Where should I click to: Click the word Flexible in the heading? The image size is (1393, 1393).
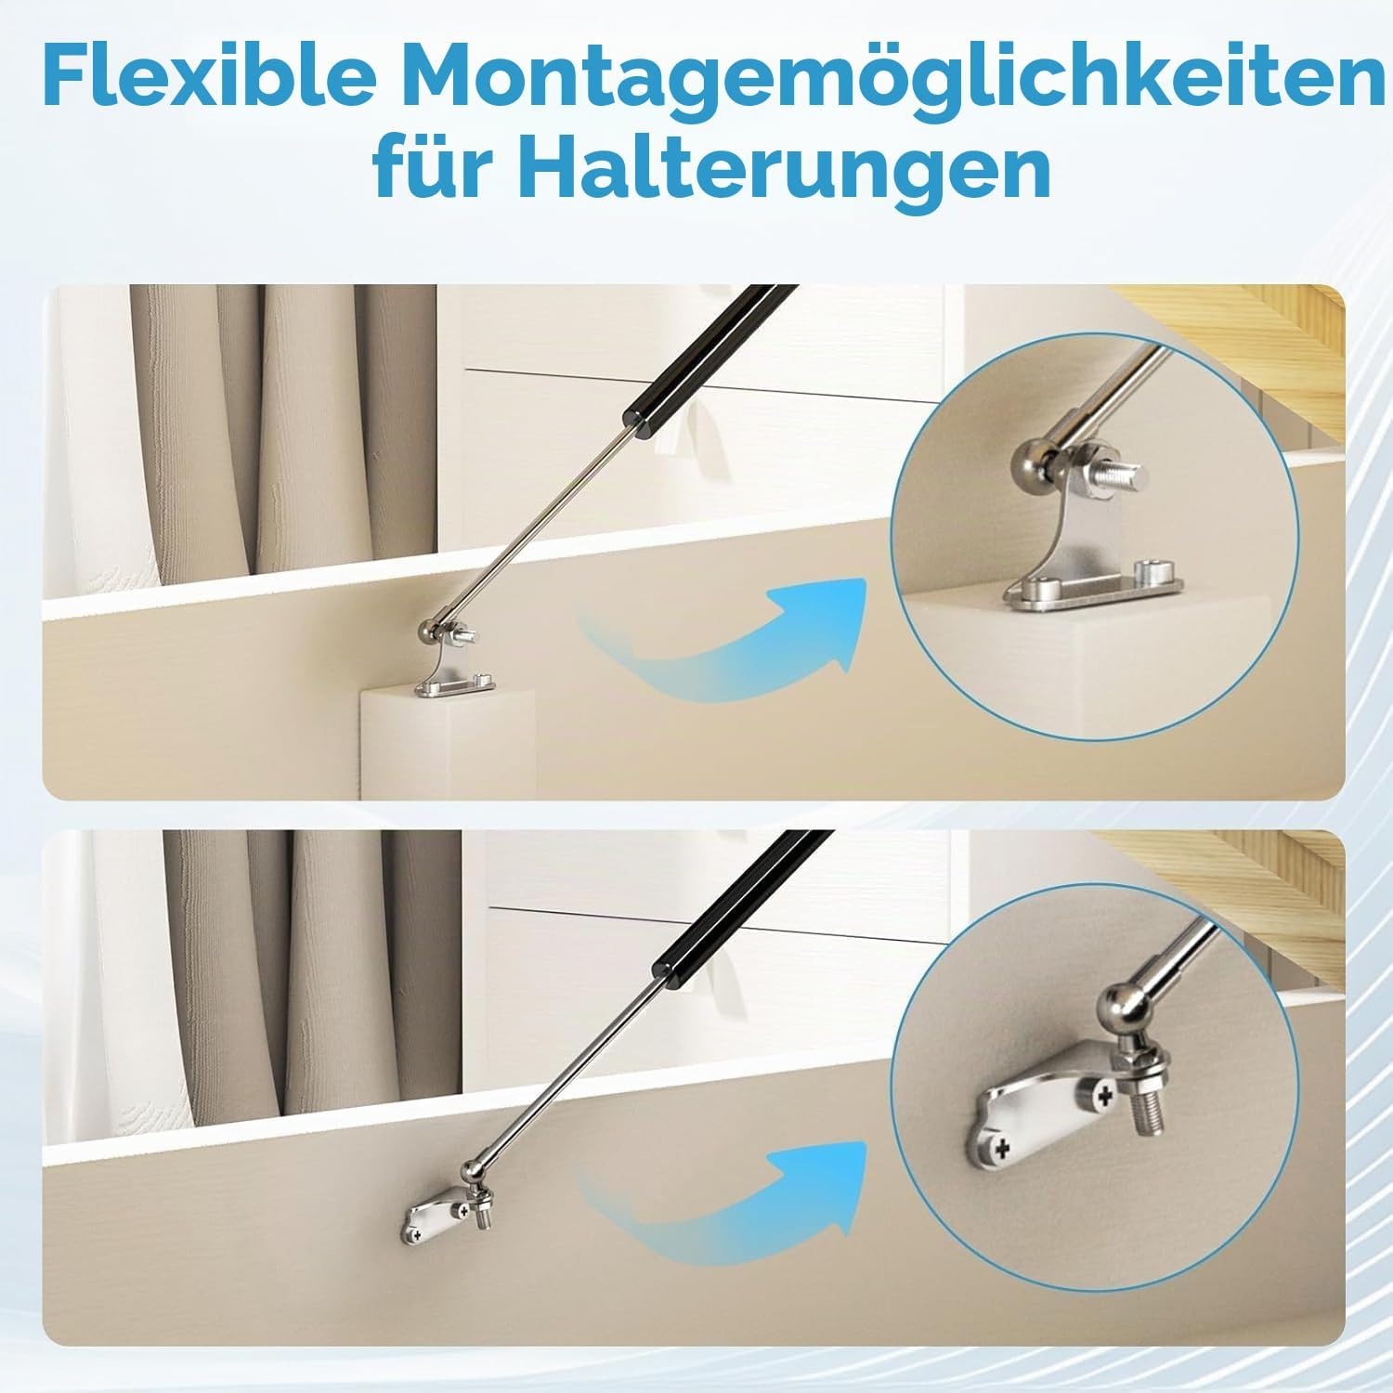210,80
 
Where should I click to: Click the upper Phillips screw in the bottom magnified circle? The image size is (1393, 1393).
1102,1097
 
